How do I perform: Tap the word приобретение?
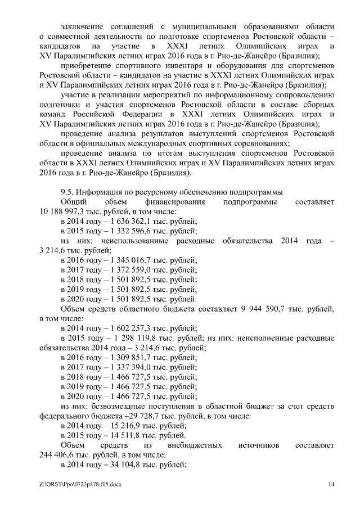tap(86, 66)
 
